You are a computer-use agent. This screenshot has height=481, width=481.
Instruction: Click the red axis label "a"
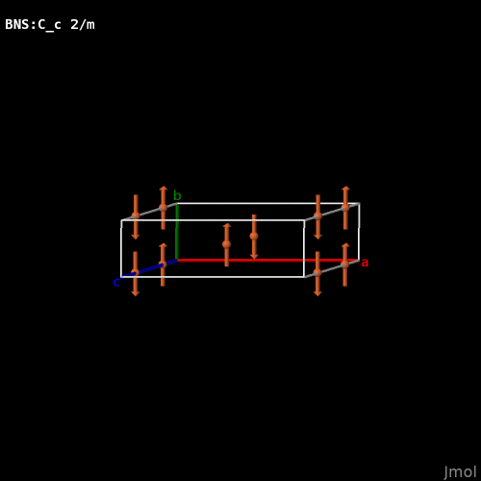(365, 263)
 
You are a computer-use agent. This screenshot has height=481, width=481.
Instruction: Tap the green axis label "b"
(177, 195)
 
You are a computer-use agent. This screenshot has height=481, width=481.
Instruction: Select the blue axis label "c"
(116, 283)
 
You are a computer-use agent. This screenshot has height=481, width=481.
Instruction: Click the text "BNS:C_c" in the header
(33, 25)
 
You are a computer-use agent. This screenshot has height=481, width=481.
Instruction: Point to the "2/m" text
(83, 25)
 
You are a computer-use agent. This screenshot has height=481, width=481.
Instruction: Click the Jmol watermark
(460, 472)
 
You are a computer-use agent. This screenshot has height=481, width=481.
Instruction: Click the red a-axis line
(267, 261)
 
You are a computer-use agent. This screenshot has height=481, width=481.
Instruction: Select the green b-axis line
(177, 232)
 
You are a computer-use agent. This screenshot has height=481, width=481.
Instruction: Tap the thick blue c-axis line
(149, 268)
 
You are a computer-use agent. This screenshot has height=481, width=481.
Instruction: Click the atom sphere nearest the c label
(136, 273)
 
